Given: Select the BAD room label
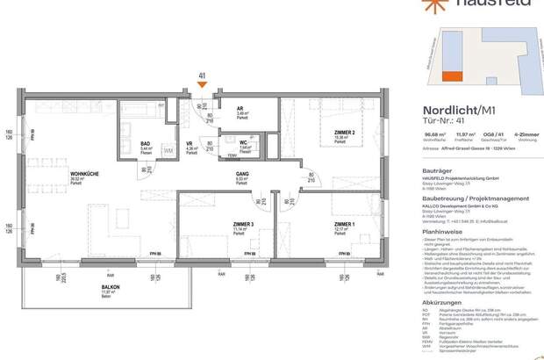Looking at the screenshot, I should click(145, 144).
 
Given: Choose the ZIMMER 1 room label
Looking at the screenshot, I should click(345, 225).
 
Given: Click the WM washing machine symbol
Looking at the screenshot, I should click(168, 151).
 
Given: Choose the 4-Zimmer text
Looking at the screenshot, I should click(523, 135).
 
